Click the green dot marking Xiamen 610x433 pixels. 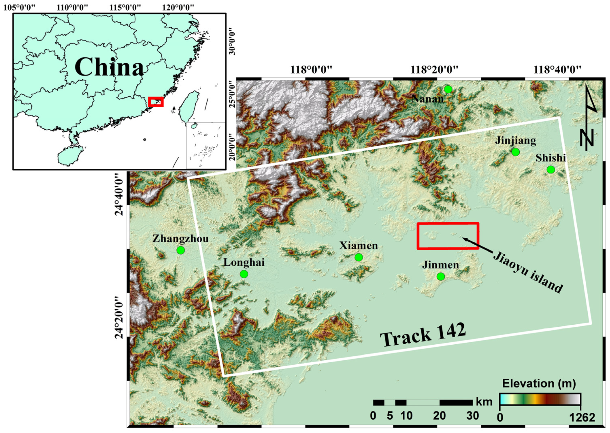[359, 257]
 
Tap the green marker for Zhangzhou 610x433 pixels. [181, 250]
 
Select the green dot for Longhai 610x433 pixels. [244, 274]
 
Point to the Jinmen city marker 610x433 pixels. [441, 277]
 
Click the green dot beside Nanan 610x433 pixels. [448, 89]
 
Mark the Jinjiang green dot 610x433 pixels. [516, 152]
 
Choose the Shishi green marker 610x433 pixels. [551, 170]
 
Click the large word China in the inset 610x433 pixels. [109, 67]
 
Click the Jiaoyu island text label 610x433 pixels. [528, 272]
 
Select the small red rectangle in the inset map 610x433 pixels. [156, 102]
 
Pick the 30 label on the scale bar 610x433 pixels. [473, 416]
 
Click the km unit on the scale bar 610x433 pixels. [484, 402]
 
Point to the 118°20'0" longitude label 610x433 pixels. [434, 70]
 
